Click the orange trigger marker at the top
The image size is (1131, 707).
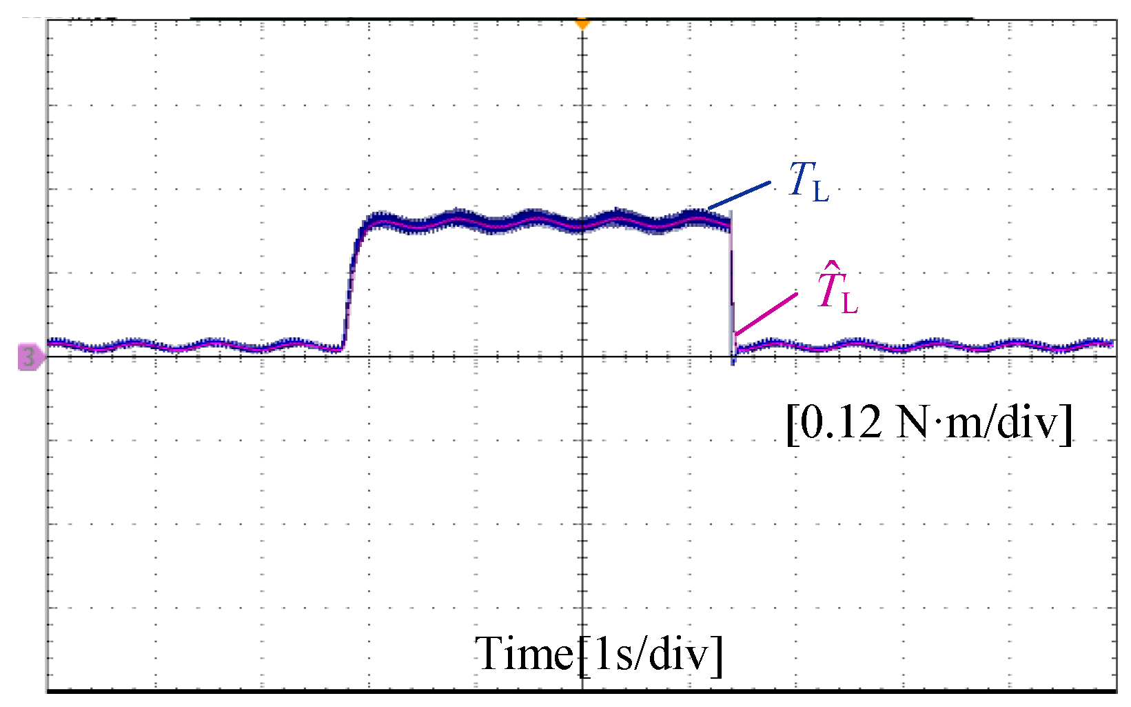pos(583,24)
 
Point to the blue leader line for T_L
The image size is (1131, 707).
pos(739,195)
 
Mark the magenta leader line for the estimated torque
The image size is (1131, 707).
pos(766,314)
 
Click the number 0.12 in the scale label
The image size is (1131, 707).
pos(842,422)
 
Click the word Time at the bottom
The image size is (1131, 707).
pos(524,653)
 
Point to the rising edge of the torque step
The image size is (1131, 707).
pos(351,276)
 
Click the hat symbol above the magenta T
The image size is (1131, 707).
pos(833,266)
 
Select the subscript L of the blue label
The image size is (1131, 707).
pos(820,191)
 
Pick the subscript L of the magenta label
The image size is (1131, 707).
pos(849,302)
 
